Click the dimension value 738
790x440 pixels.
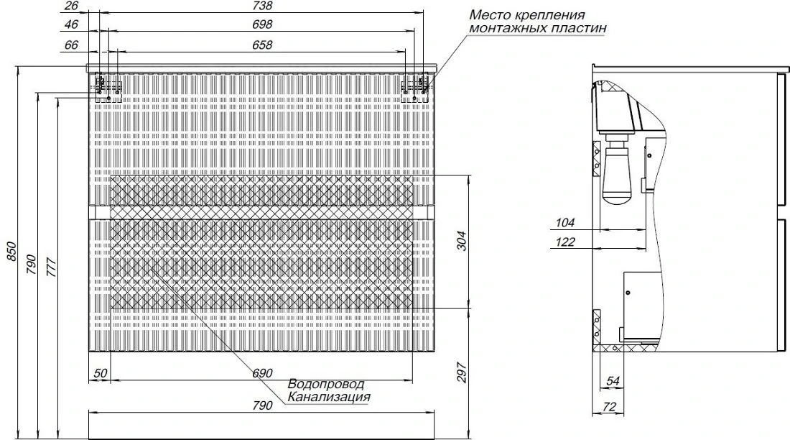[x=262, y=6]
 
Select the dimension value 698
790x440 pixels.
[x=262, y=24]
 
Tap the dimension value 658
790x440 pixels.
[x=262, y=45]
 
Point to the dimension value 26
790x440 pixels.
[x=72, y=6]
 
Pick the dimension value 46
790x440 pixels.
[x=72, y=24]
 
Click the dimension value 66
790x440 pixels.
[x=72, y=45]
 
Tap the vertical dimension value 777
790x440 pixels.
[x=51, y=267]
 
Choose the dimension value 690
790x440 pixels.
[x=262, y=373]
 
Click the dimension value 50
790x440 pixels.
[x=101, y=373]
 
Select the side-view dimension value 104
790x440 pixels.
[x=564, y=223]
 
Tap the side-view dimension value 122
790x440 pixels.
[x=564, y=242]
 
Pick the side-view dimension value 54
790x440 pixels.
[x=612, y=382]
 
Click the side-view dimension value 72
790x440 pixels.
[x=609, y=407]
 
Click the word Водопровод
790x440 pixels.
[x=325, y=385]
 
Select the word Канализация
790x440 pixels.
[x=328, y=397]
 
